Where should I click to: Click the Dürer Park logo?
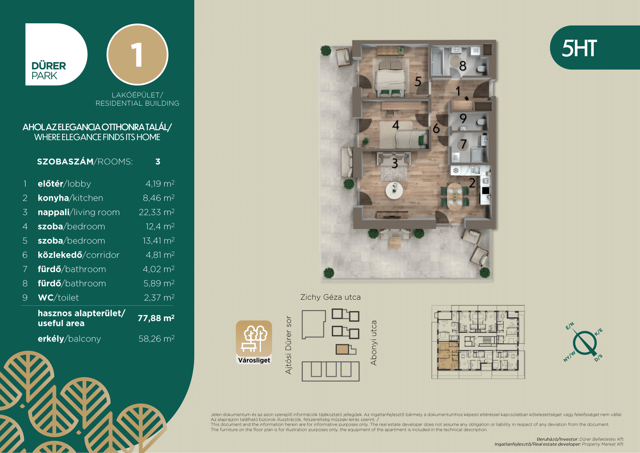[x=56, y=55]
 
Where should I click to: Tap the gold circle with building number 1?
[x=137, y=55]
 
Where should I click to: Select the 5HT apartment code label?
[x=579, y=48]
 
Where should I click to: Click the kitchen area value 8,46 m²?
[x=159, y=198]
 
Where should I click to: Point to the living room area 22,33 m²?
[x=157, y=212]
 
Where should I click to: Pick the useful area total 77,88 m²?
[x=156, y=318]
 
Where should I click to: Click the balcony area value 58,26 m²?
[x=157, y=339]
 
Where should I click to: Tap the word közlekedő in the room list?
[x=60, y=255]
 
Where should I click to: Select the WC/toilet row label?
[x=58, y=298]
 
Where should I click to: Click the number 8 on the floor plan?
[x=463, y=66]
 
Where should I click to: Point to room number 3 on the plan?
[x=395, y=163]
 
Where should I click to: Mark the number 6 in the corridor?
[x=436, y=128]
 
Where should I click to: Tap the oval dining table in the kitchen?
[x=454, y=196]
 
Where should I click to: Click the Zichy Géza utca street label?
[x=331, y=297]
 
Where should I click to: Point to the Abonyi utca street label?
[x=373, y=343]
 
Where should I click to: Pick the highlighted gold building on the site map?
[x=343, y=349]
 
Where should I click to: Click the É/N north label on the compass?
[x=570, y=326]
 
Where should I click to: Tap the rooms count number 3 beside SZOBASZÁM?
[x=158, y=162]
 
